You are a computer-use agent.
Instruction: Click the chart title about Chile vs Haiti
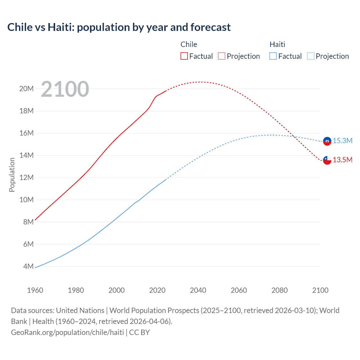(119, 27)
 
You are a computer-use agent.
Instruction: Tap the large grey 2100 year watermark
(65, 89)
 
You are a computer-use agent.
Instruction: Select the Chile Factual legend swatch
(184, 56)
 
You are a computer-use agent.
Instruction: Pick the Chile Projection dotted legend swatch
(222, 56)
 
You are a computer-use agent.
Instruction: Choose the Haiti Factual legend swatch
(273, 56)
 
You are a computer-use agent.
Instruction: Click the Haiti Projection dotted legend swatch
(311, 56)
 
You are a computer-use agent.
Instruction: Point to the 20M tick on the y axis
(26, 89)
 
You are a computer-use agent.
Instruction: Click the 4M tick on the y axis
(28, 266)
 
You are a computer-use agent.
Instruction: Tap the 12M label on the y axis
(26, 177)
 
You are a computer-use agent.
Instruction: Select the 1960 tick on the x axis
(35, 290)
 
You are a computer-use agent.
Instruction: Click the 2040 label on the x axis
(198, 290)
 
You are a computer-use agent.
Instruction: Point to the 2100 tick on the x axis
(320, 290)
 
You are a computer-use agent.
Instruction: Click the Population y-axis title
(12, 175)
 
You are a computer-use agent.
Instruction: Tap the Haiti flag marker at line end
(327, 141)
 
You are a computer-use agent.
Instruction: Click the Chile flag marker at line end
(327, 160)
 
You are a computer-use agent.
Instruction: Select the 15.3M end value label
(343, 141)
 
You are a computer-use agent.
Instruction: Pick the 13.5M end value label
(343, 160)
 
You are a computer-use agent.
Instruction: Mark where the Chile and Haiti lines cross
(293, 137)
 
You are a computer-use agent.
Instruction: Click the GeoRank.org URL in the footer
(67, 332)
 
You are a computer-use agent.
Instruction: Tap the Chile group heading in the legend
(189, 44)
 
